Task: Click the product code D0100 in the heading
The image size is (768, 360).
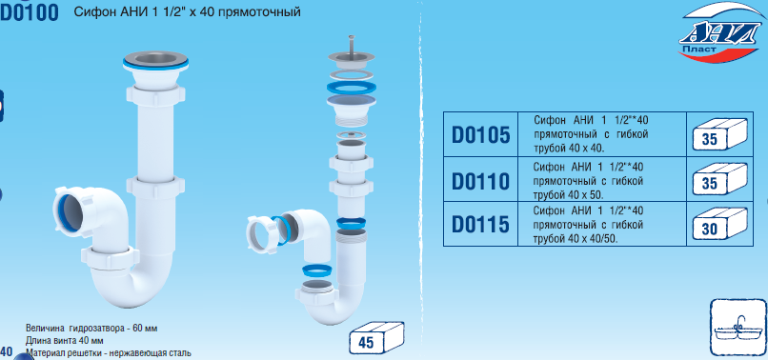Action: [30, 12]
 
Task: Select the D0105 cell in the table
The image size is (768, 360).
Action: [480, 134]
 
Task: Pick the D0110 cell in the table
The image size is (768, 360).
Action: [480, 179]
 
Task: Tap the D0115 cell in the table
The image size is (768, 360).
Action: [480, 224]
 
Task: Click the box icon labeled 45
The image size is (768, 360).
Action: [376, 338]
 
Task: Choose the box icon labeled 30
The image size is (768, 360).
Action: [719, 224]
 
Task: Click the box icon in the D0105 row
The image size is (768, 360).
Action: [719, 134]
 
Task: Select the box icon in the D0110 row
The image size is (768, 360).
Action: [719, 179]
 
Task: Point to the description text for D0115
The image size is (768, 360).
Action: [588, 225]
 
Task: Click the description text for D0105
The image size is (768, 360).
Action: [590, 134]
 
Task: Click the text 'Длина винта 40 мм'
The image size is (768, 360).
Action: [64, 340]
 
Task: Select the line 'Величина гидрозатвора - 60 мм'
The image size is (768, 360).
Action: [91, 329]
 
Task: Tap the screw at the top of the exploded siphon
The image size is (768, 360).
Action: [351, 44]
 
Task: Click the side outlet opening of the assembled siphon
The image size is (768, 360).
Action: [68, 212]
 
